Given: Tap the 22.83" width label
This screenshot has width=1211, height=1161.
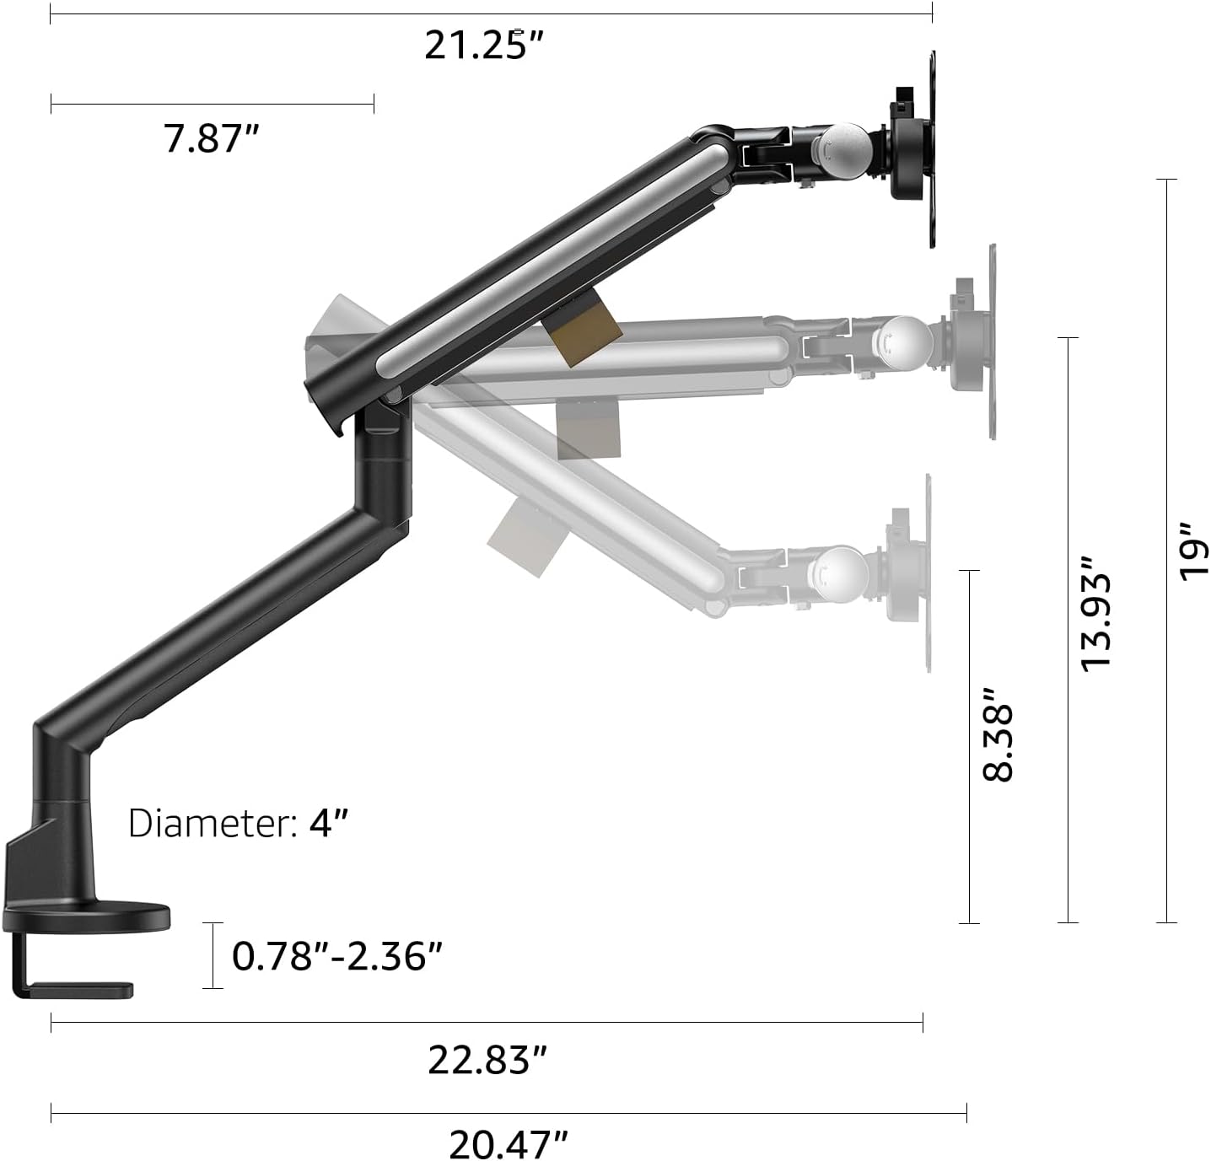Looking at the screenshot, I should click(x=487, y=1059).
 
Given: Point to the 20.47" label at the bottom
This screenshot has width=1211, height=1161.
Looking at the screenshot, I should click(x=508, y=1144).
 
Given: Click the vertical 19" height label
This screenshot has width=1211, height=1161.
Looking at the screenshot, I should click(x=1193, y=550).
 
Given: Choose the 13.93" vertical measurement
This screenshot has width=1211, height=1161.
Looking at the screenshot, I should click(x=1096, y=612).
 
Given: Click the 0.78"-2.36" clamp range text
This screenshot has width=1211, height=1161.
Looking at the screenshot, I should click(x=337, y=956).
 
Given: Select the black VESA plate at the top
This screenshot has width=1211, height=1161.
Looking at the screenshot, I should click(x=932, y=150).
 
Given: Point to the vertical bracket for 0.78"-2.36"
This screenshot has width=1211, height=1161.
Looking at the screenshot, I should click(x=213, y=954).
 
